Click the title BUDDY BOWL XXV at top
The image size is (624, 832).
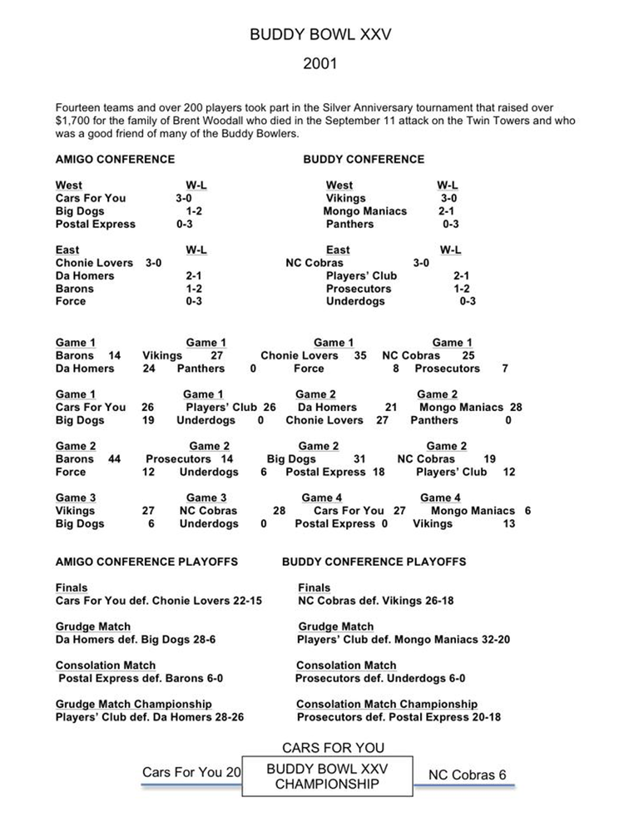click(320, 36)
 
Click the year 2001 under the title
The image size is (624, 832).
click(320, 63)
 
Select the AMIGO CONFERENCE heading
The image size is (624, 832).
click(115, 159)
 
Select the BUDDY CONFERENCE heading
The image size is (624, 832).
click(364, 159)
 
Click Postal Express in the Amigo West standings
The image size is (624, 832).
click(95, 225)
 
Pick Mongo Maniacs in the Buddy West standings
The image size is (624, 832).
click(365, 211)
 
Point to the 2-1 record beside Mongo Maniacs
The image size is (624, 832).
click(446, 211)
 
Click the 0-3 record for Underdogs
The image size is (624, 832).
click(468, 302)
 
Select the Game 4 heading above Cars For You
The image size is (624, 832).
click(322, 498)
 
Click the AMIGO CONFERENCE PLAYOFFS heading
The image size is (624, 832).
click(148, 562)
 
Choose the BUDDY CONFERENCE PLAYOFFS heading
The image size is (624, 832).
click(374, 562)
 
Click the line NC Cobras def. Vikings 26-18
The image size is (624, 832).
click(375, 601)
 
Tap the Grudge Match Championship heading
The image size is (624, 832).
click(134, 704)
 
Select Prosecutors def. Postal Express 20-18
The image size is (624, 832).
click(399, 717)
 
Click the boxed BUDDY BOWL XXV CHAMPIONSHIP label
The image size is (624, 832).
click(327, 775)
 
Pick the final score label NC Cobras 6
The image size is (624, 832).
click(467, 775)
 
